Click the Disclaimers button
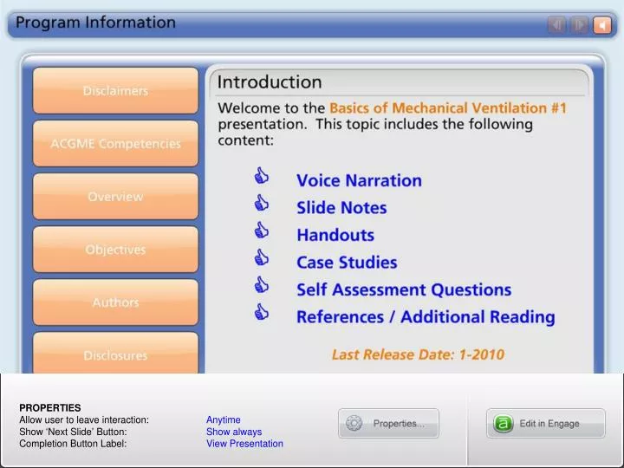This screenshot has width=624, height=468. tap(115, 91)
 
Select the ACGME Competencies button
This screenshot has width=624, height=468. tap(115, 144)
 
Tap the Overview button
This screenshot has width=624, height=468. tap(115, 197)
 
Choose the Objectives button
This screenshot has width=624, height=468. tap(115, 250)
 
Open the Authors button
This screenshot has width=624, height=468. tap(115, 302)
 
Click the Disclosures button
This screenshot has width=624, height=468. tap(115, 355)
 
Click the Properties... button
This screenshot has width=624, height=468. tap(389, 424)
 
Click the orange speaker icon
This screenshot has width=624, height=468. tap(602, 25)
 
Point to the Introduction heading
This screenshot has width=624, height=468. tap(269, 83)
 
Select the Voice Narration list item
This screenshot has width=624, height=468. tap(359, 181)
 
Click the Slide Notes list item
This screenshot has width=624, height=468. tap(341, 208)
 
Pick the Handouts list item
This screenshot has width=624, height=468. tap(335, 235)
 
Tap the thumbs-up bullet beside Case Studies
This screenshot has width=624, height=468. tap(261, 258)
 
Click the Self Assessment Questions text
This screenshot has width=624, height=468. tap(404, 289)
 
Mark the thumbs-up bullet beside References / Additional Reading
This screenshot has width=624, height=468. tap(261, 313)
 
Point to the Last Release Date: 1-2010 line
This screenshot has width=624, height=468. tap(418, 354)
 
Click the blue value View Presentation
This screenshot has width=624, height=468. tap(244, 444)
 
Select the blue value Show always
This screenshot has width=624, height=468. tap(234, 432)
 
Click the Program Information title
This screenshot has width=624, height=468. tap(95, 23)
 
